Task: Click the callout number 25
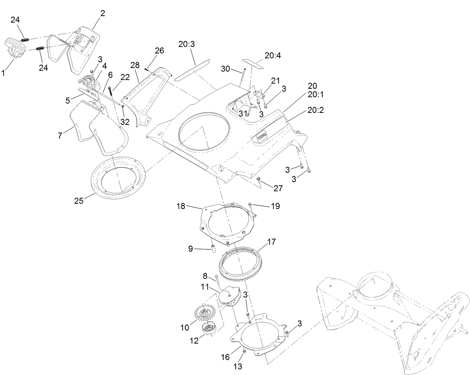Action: point(79,201)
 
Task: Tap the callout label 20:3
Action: point(186,44)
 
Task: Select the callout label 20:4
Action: point(273,55)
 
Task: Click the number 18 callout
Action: point(181,206)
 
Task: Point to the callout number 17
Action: point(271,242)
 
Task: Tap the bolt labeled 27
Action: point(259,181)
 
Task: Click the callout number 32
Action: point(124,122)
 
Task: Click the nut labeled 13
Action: point(244,351)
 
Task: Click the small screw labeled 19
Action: point(250,204)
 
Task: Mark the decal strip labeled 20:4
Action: point(253,63)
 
